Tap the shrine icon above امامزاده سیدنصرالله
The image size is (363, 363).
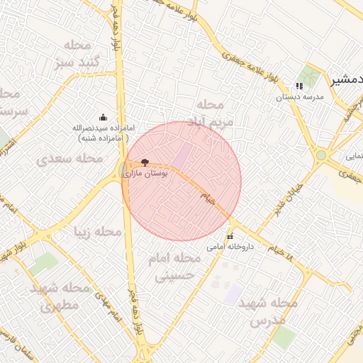coord(104,117)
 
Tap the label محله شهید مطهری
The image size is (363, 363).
coord(60,298)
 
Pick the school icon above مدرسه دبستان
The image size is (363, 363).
coord(298,86)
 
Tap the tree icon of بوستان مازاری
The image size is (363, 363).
coord(145,163)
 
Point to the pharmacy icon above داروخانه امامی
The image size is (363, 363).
coord(229,237)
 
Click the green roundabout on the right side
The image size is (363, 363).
coord(321,155)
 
